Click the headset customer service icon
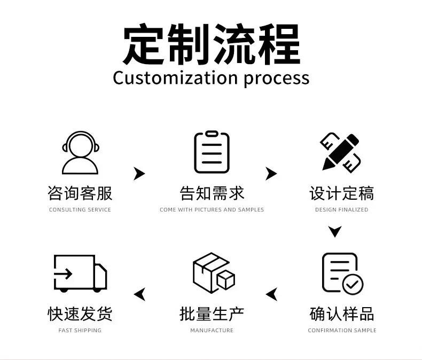(x=80, y=153)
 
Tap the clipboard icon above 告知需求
(x=212, y=152)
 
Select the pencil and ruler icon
(x=341, y=153)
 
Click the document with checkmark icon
(x=342, y=273)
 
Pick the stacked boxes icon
(x=214, y=273)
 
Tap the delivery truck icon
(x=81, y=273)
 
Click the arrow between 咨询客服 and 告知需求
(x=140, y=174)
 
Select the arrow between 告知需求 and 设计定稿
(x=272, y=174)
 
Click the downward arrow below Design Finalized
(x=335, y=231)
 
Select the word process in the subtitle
(x=277, y=80)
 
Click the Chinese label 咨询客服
(x=80, y=193)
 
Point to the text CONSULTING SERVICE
(x=80, y=209)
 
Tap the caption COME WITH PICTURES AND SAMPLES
(x=212, y=209)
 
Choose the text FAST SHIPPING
(x=80, y=330)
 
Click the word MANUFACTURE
(x=212, y=330)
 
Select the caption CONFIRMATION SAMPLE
(x=342, y=330)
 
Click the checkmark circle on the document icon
(x=353, y=284)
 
